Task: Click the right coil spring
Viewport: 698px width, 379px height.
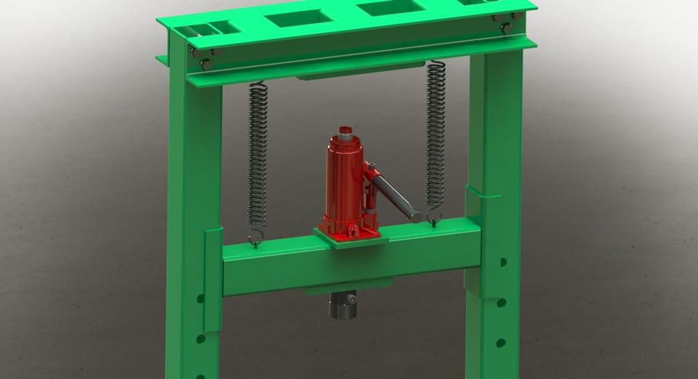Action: [436, 138]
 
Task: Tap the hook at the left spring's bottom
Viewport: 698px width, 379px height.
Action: [255, 238]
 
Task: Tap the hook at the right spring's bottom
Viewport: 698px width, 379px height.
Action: [434, 217]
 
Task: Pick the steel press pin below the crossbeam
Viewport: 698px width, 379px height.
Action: [342, 306]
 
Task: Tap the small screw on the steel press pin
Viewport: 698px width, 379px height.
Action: [350, 299]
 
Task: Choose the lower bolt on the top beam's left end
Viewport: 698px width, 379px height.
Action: [206, 65]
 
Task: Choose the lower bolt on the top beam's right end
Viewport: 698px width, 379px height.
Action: [508, 28]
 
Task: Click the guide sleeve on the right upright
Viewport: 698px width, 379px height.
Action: [474, 207]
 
